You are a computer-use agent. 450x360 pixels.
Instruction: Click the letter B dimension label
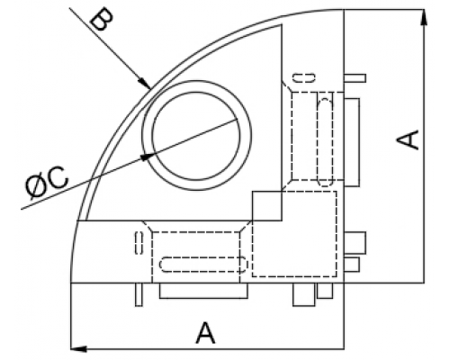coord(102,20)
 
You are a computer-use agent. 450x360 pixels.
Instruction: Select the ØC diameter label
coord(47,184)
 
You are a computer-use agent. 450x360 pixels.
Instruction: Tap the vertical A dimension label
coord(408,139)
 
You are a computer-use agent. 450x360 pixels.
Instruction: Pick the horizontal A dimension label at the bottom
coord(205,333)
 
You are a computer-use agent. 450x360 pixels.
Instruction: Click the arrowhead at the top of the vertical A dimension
coord(424,17)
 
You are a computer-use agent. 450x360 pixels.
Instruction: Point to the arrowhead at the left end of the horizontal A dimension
coord(78,349)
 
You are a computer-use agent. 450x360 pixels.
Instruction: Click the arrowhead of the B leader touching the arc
coord(144,83)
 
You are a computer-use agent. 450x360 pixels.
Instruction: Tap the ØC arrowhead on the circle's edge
coord(148,157)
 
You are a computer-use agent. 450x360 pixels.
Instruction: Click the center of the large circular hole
coord(196,136)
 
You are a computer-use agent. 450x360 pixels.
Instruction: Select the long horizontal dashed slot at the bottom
coord(203,265)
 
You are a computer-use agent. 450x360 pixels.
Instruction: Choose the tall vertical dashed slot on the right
coord(325,142)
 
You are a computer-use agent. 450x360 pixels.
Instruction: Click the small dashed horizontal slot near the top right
coord(304,77)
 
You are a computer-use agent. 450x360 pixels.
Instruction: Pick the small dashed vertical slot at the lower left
coord(139,243)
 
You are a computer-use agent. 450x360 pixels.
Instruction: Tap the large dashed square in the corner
coord(294,234)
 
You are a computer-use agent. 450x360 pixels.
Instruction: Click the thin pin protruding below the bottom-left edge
coord(139,294)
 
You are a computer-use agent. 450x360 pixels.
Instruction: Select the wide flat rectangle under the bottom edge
coord(203,291)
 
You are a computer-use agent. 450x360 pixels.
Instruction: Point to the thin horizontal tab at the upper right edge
coord(355,78)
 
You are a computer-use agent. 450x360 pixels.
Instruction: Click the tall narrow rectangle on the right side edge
coord(352,142)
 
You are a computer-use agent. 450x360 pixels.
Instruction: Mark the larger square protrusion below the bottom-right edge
coord(304,294)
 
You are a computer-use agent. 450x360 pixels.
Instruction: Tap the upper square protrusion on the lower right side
coord(355,243)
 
